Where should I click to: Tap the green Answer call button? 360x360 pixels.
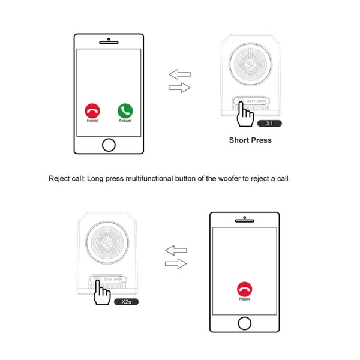pyautogui.click(x=125, y=110)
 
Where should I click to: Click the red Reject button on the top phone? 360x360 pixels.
pyautogui.click(x=92, y=110)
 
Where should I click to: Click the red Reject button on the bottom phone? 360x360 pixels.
pyautogui.click(x=244, y=288)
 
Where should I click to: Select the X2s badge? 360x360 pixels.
pyautogui.click(x=126, y=302)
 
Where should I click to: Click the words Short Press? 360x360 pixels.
pyautogui.click(x=250, y=140)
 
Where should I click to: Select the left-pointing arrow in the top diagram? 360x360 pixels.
pyautogui.click(x=179, y=74)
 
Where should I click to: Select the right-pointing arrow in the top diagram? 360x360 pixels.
pyautogui.click(x=179, y=88)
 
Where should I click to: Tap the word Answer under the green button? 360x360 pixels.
pyautogui.click(x=125, y=121)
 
